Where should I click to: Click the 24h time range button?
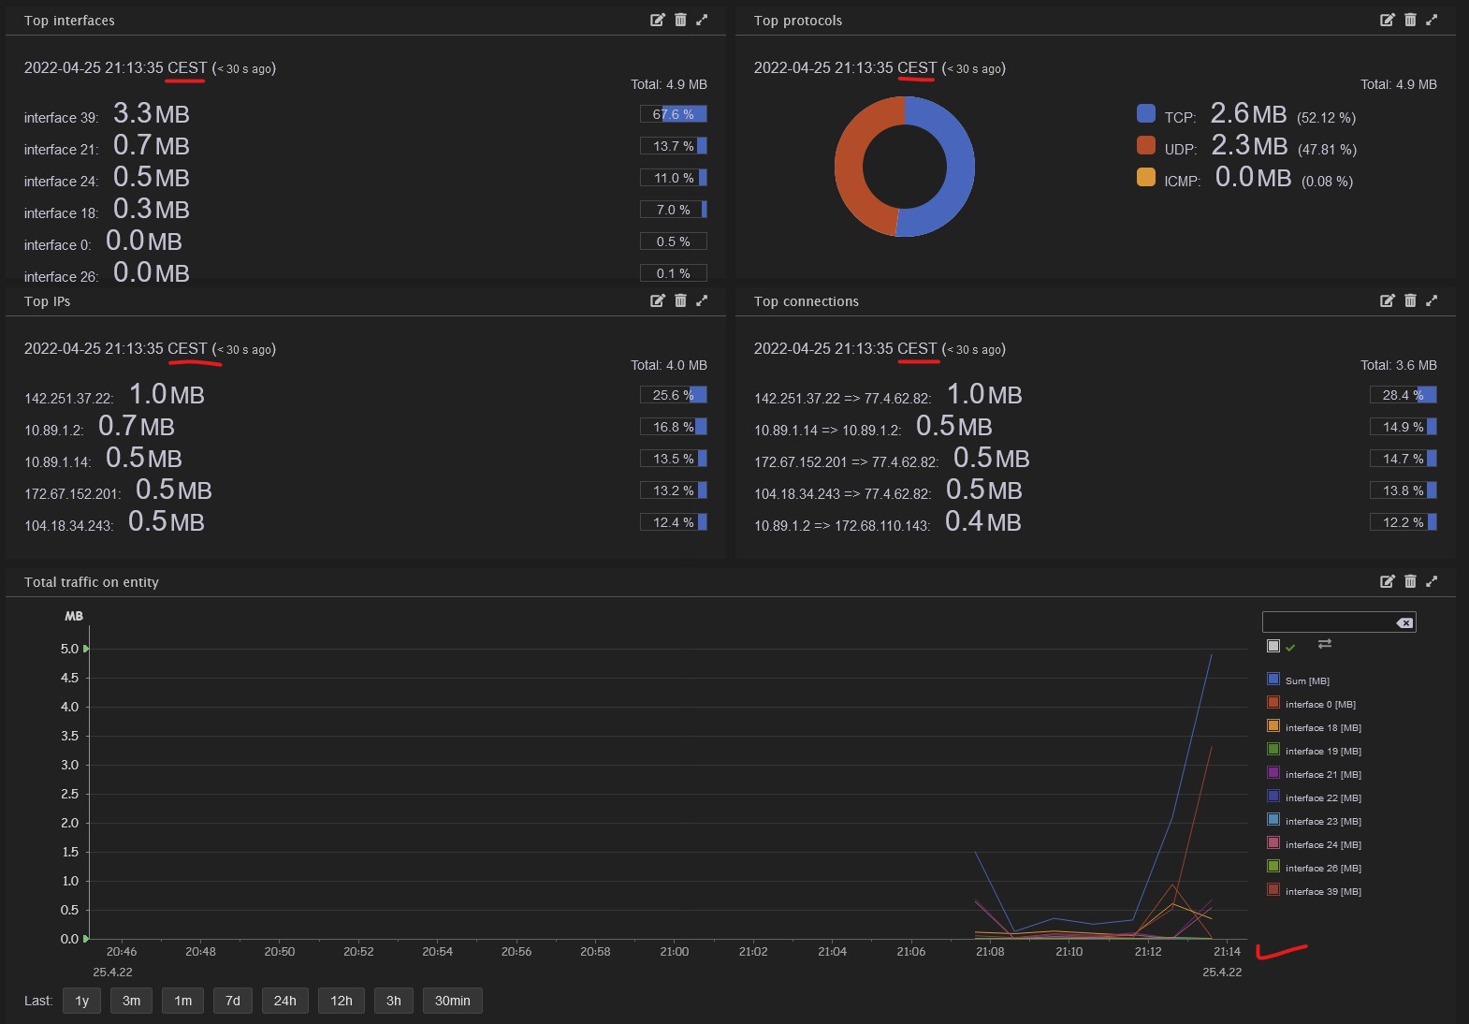tap(284, 1001)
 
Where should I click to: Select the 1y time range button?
tap(82, 1001)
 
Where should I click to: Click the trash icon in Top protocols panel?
tap(1410, 20)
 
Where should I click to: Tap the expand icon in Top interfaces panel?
tap(702, 20)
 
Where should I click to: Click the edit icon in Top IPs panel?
tap(658, 300)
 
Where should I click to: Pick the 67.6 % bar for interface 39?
tap(674, 114)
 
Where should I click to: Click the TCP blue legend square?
tap(1146, 114)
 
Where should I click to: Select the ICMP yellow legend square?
tap(1146, 178)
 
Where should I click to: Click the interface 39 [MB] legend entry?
tap(1322, 891)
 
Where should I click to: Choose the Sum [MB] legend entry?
tap(1306, 680)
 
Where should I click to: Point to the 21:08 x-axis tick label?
tap(990, 952)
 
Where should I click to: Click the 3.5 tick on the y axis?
tap(70, 736)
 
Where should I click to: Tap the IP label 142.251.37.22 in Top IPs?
tap(68, 399)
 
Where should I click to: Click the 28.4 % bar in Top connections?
tap(1403, 395)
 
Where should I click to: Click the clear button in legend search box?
tap(1404, 623)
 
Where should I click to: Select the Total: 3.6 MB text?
tap(1398, 365)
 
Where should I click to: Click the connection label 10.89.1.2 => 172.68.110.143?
tap(842, 526)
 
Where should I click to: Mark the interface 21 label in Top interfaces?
tap(61, 150)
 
